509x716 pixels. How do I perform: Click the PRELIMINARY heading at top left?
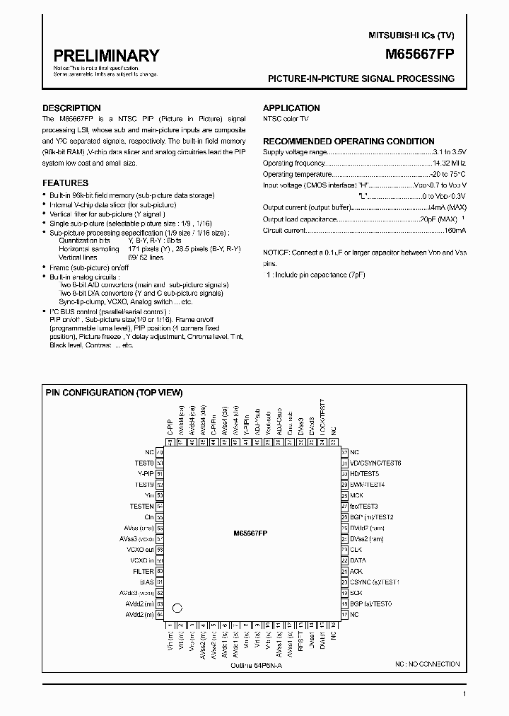106,56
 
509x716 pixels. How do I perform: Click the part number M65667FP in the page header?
420,53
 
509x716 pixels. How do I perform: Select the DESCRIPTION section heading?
71,108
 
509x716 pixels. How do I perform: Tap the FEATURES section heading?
65,183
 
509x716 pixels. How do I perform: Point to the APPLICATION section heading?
291,108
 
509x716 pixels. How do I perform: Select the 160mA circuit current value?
452,230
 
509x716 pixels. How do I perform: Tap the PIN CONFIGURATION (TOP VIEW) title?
115,392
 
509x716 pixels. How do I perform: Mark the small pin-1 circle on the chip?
177,608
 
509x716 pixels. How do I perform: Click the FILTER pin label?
143,571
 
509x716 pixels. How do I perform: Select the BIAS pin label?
146,582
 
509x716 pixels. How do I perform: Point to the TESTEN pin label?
141,507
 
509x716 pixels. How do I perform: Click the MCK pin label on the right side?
356,495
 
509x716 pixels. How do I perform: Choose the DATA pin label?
358,560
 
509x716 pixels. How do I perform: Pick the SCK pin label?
356,593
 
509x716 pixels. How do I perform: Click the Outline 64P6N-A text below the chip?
255,666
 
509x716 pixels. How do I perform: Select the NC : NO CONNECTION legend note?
427,664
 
